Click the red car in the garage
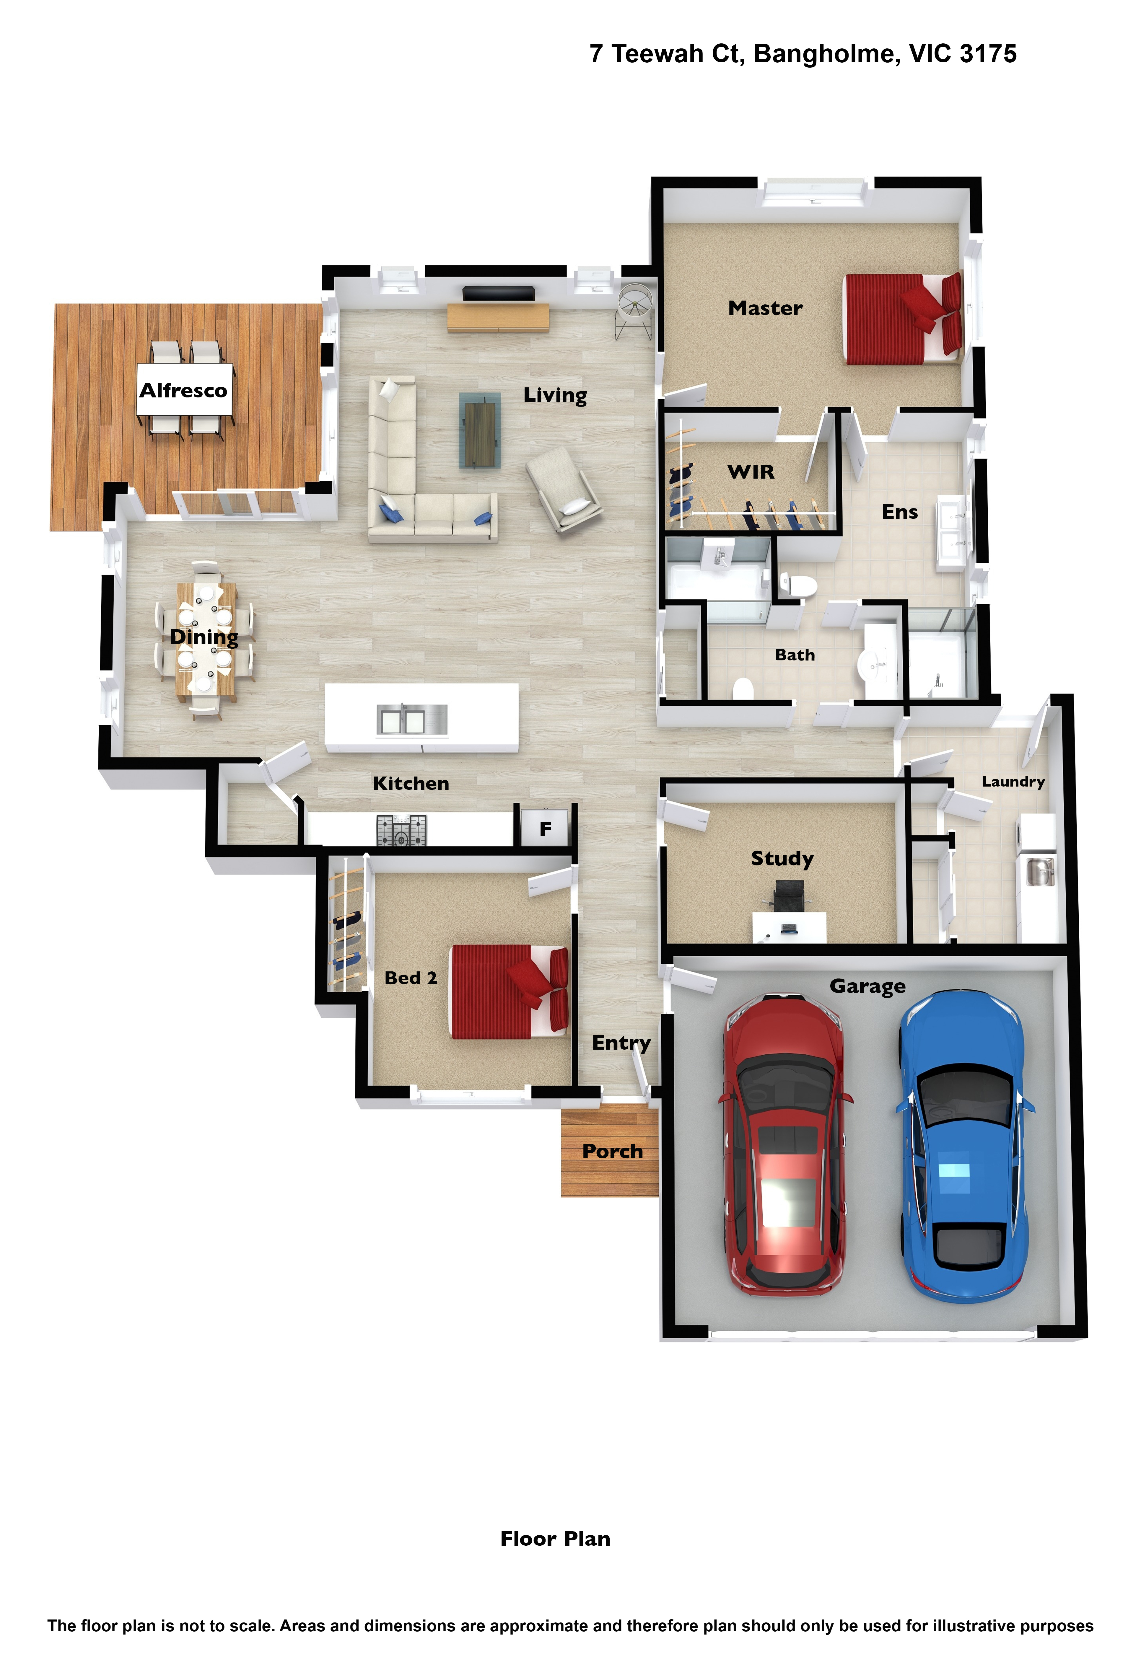[x=785, y=1144]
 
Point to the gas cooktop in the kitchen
[x=401, y=830]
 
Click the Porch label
[x=612, y=1152]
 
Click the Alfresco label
[x=183, y=390]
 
